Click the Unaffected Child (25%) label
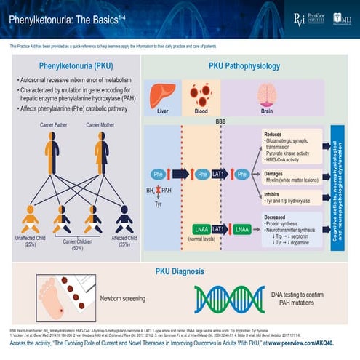(x=29, y=241)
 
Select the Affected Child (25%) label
(x=124, y=241)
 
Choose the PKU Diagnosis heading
(x=179, y=271)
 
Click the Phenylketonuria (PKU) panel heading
(x=74, y=65)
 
